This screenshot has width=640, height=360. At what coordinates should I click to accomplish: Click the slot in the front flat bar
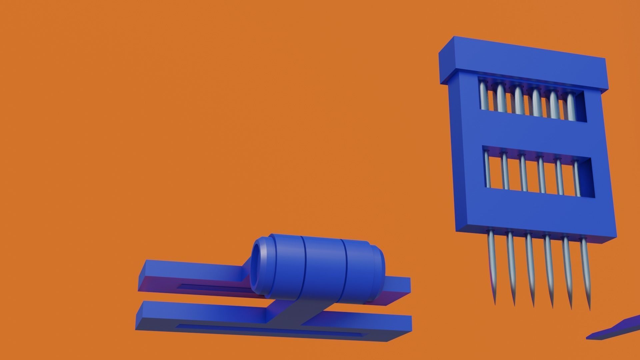tap(267, 330)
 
